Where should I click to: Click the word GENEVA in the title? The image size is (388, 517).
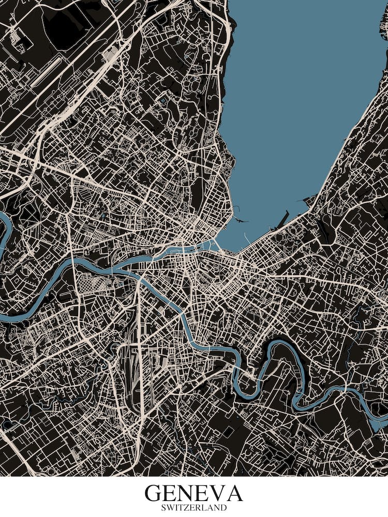coord(193,493)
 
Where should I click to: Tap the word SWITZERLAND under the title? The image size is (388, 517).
coord(193,508)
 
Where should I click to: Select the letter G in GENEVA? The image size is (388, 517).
coord(154,493)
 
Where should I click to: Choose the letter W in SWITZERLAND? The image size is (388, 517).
coord(171,508)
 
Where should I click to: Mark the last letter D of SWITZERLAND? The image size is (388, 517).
coord(223,508)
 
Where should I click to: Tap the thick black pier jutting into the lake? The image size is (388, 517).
coord(282,220)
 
